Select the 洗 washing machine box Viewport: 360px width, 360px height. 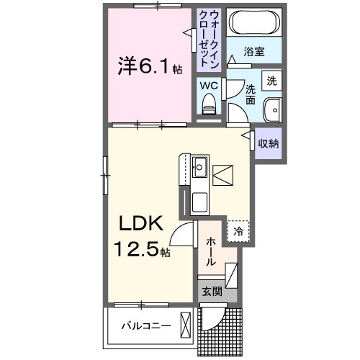point(271,81)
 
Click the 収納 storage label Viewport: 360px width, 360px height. point(269,143)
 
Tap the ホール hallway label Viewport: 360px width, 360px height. point(211,253)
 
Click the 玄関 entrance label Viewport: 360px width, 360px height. point(211,292)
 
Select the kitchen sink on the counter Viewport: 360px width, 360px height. point(199,169)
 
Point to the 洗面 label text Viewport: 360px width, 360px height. point(251,94)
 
